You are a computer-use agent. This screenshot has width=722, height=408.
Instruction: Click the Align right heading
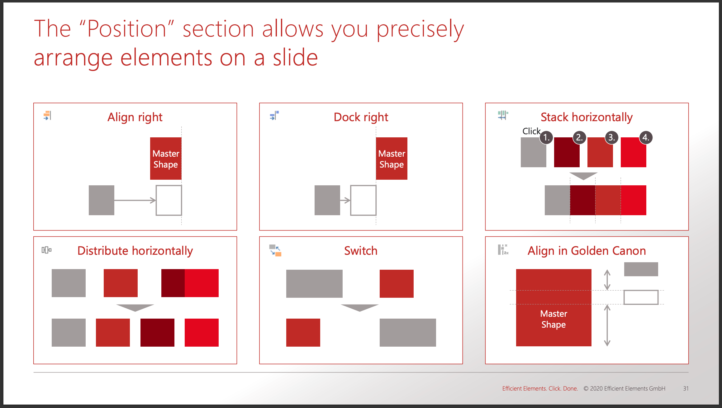pos(135,117)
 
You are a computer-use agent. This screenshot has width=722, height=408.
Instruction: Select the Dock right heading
pos(361,117)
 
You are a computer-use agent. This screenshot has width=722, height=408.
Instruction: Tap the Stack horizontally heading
pos(587,117)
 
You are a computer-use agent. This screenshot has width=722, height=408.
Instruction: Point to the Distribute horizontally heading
pos(135,251)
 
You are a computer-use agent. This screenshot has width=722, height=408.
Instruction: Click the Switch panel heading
pos(361,251)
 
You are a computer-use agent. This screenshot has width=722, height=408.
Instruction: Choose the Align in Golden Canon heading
pos(587,251)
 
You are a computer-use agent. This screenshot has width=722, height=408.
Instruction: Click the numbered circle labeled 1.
pos(546,137)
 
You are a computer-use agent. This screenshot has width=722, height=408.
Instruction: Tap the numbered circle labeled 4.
pos(646,137)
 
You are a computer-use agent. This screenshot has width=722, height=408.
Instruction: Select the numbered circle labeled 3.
pos(611,137)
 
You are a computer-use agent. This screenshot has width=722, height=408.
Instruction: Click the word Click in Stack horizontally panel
pos(531,131)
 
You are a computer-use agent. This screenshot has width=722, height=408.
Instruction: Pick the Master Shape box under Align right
pos(166,159)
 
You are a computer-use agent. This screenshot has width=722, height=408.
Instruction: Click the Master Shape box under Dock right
pos(392,159)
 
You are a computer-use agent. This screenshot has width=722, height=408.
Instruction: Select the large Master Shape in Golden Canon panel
pos(553,308)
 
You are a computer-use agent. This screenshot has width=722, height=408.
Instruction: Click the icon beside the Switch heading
pos(275,250)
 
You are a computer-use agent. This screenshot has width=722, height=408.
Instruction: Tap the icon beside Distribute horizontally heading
pos(46,250)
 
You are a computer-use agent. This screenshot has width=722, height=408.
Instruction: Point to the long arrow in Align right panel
pos(135,200)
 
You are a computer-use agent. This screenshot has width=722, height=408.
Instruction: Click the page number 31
pos(686,388)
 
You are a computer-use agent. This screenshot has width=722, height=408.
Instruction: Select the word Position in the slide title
pos(127,29)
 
